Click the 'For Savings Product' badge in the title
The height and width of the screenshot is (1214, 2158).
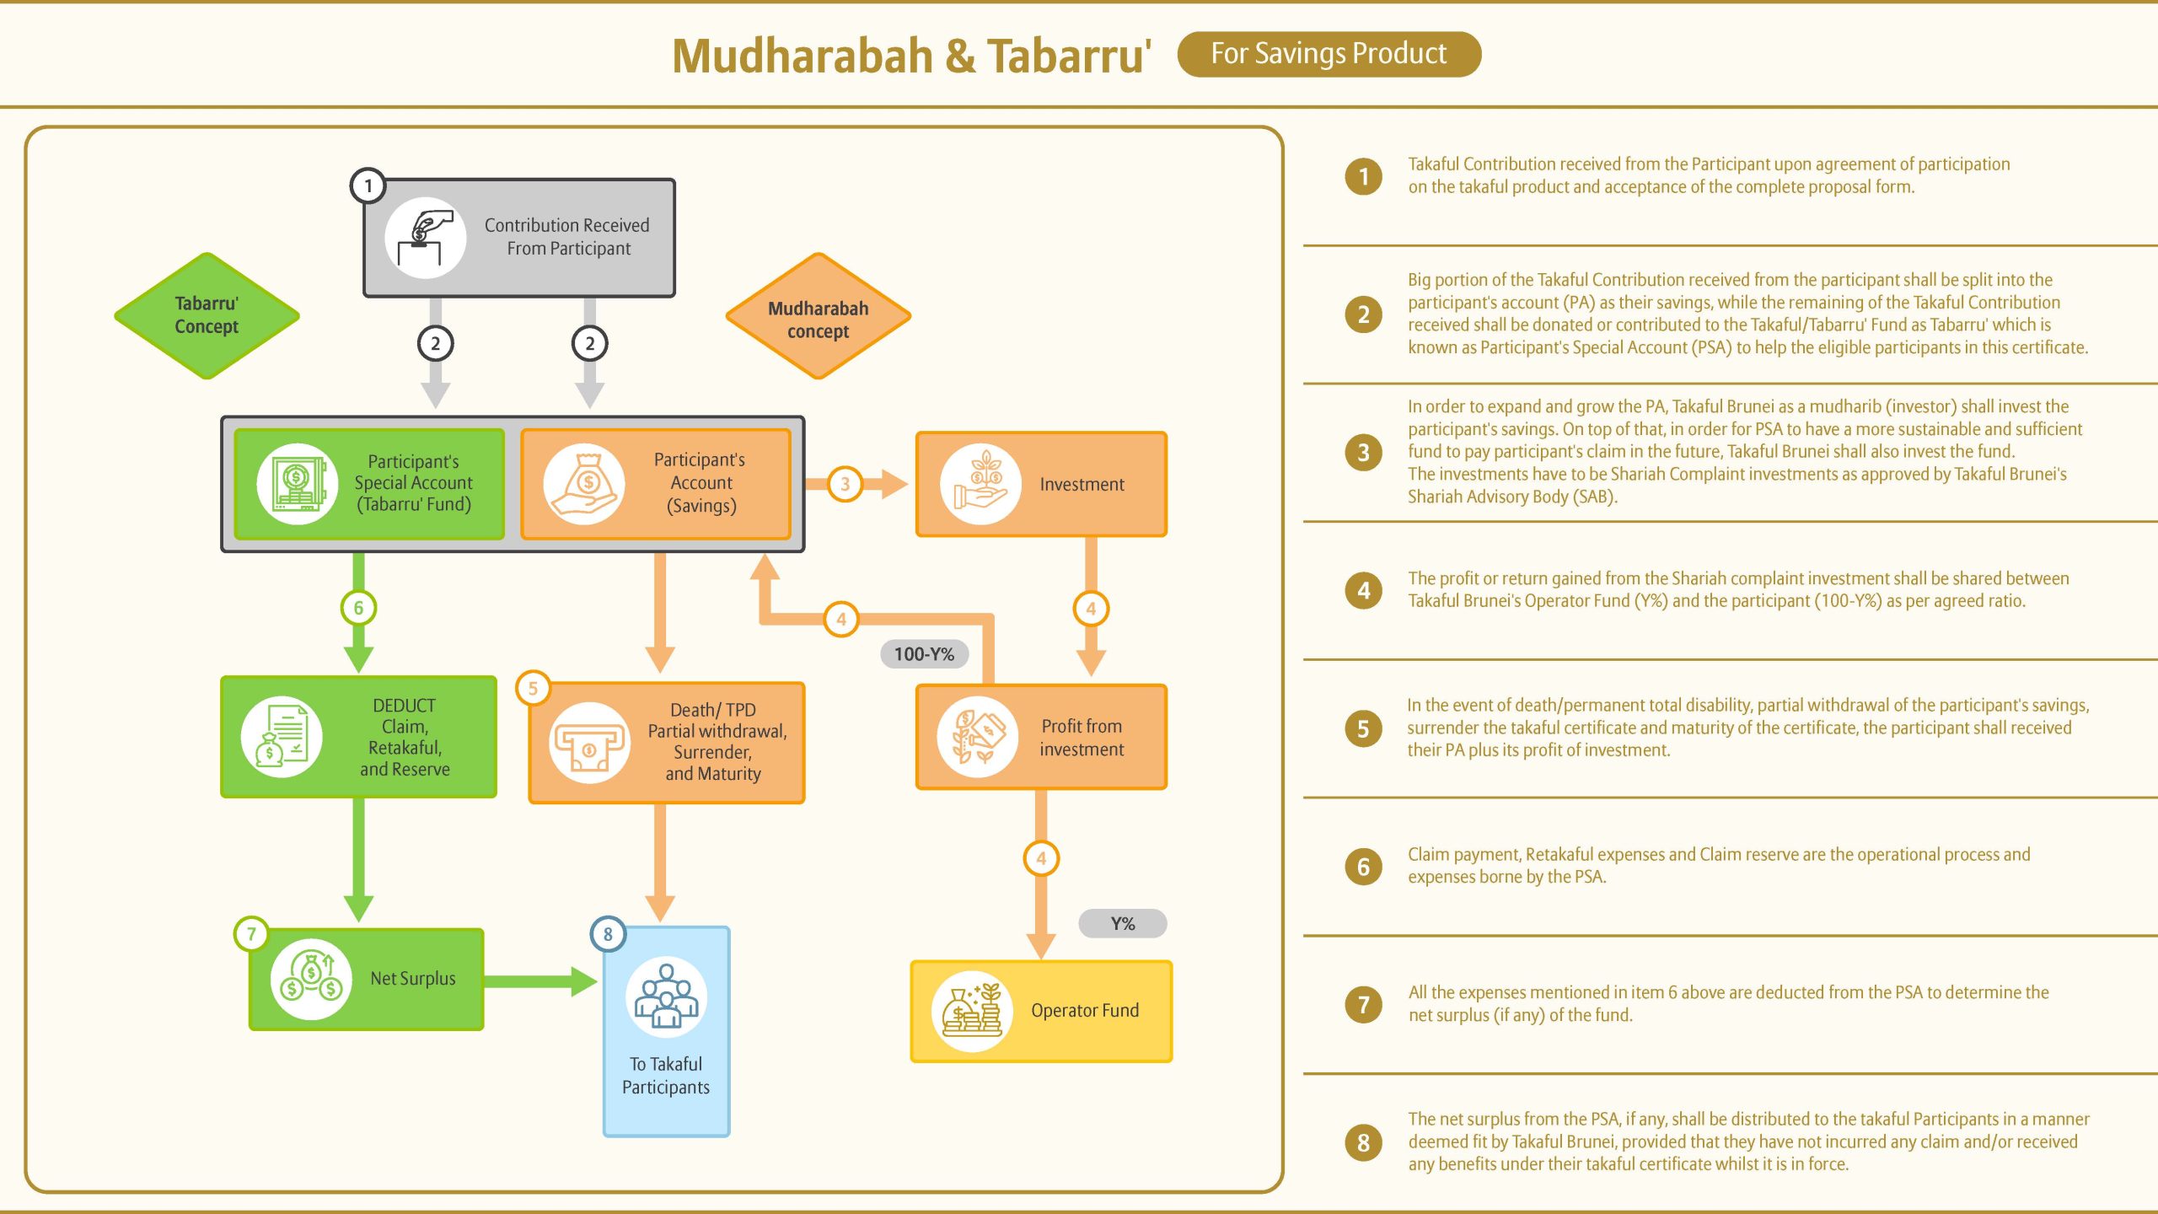[1329, 54]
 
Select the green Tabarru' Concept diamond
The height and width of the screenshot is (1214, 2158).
[207, 315]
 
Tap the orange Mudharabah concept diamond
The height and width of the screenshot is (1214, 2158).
[818, 316]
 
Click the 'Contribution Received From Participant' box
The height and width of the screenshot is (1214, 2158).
[519, 238]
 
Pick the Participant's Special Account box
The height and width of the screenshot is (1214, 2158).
[369, 484]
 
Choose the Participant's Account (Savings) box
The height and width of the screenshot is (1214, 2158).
[656, 484]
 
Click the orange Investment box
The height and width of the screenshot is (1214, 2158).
[1041, 484]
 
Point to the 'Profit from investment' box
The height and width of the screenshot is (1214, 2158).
[1041, 737]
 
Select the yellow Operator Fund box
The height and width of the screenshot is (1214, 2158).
[1041, 1011]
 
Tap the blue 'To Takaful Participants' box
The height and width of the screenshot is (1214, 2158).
[666, 1032]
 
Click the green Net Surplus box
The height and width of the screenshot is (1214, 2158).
[367, 979]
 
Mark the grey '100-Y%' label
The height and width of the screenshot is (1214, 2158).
[924, 653]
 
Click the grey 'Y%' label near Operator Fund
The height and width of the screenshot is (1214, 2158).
[1123, 923]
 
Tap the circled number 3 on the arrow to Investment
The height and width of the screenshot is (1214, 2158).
[845, 484]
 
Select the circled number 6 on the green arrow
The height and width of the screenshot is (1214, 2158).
[358, 608]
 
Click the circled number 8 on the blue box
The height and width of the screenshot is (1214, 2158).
[608, 934]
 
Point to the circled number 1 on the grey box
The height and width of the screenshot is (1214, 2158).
[368, 185]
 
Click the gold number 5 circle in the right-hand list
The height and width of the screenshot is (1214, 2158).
[1363, 728]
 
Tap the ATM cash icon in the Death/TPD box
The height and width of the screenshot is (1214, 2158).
[589, 743]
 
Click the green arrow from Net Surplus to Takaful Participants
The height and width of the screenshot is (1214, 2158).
[540, 981]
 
